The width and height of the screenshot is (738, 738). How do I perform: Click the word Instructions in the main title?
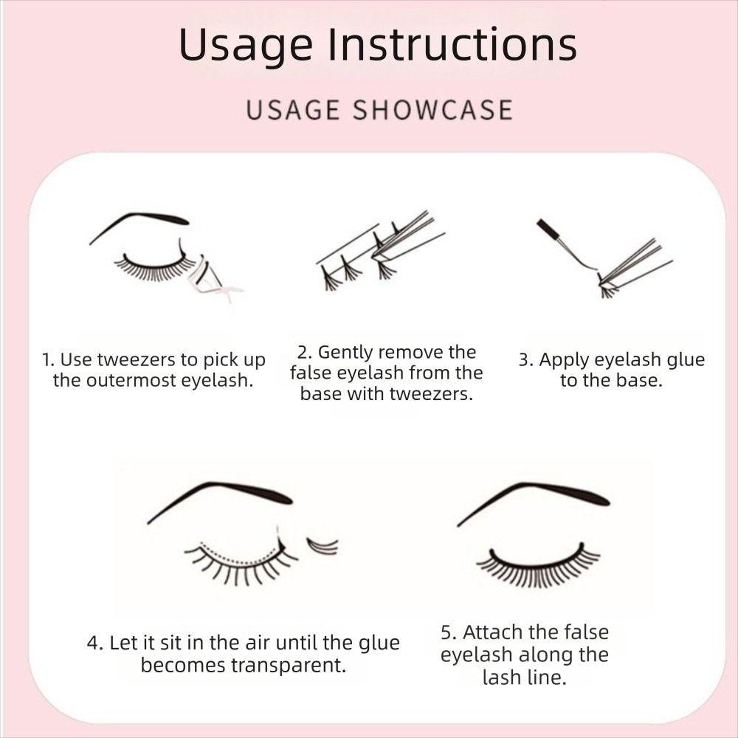pyautogui.click(x=452, y=45)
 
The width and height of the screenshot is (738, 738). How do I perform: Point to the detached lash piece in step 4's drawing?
pyautogui.click(x=323, y=546)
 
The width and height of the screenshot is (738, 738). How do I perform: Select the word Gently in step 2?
pyautogui.click(x=345, y=352)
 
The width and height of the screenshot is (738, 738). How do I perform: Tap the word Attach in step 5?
pyautogui.click(x=494, y=632)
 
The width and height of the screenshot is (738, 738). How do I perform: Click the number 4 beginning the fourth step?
pyautogui.click(x=92, y=643)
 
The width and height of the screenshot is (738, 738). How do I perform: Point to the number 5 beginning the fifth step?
pyautogui.click(x=446, y=632)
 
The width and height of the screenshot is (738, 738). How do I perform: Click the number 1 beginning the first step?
pyautogui.click(x=46, y=360)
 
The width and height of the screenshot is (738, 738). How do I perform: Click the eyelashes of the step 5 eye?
pyautogui.click(x=537, y=569)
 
